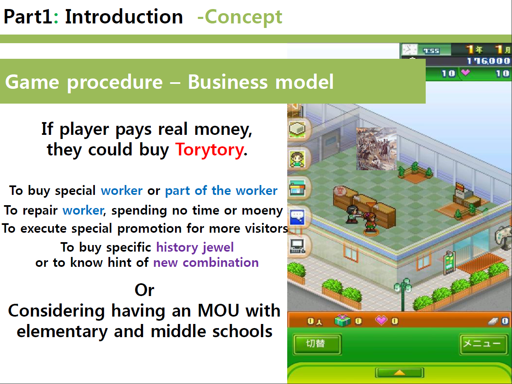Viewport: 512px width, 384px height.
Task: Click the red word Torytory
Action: pyautogui.click(x=210, y=150)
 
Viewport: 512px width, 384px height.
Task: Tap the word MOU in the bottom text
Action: pyautogui.click(x=218, y=311)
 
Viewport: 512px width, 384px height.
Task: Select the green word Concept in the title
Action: pyautogui.click(x=243, y=17)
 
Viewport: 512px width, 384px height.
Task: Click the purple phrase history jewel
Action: pyautogui.click(x=195, y=248)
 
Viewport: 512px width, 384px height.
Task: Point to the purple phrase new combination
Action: pyautogui.click(x=206, y=262)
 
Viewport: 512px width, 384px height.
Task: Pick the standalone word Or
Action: pyautogui.click(x=144, y=290)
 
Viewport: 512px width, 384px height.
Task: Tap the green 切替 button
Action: pyautogui.click(x=317, y=344)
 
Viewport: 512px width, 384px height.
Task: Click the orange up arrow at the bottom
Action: pyautogui.click(x=399, y=372)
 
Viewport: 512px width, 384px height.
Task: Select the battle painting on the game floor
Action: pyautogui.click(x=376, y=148)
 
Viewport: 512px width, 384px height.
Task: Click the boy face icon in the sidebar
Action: pyautogui.click(x=297, y=159)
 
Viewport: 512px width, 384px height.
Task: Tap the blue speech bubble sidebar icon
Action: pyautogui.click(x=297, y=217)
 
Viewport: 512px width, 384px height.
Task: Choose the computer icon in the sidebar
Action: pyautogui.click(x=297, y=246)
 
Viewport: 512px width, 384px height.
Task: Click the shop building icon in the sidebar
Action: pyautogui.click(x=297, y=188)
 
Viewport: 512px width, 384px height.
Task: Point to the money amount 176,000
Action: pyautogui.click(x=488, y=61)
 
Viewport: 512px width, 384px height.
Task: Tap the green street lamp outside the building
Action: pyautogui.click(x=403, y=294)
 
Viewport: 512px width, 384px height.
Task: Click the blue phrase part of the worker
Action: pyautogui.click(x=221, y=191)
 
